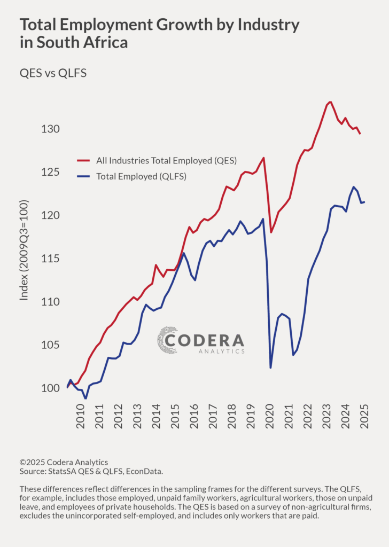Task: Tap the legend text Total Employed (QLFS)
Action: click(141, 176)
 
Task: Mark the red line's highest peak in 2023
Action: click(330, 101)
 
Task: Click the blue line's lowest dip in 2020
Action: click(271, 368)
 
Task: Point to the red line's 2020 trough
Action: click(271, 232)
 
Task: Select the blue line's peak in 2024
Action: click(353, 187)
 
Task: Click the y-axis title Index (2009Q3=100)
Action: click(24, 250)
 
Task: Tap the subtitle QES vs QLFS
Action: click(53, 73)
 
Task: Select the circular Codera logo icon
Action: click(167, 340)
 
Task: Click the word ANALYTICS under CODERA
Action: click(221, 351)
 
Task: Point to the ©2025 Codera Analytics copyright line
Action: click(64, 462)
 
